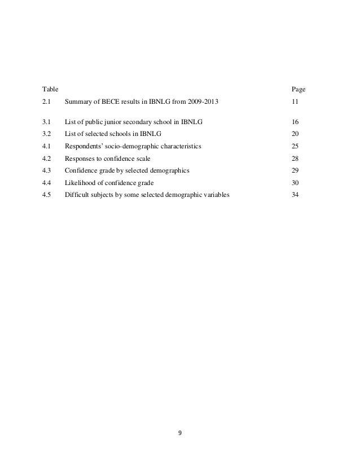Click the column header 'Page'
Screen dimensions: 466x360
298,89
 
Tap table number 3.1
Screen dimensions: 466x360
47,122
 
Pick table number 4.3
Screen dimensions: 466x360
47,170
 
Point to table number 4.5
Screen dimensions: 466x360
47,195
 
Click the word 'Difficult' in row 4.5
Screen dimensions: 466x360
78,195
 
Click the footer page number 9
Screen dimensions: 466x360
180,434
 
